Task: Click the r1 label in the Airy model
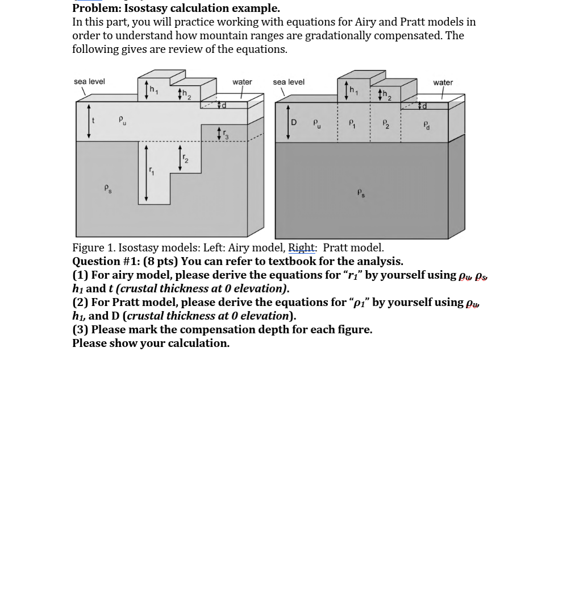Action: (x=152, y=170)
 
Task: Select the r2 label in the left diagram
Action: (x=185, y=159)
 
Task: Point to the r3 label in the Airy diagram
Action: (x=226, y=134)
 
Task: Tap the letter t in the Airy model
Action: (x=94, y=121)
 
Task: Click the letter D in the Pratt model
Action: (x=294, y=122)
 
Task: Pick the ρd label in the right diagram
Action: (x=427, y=125)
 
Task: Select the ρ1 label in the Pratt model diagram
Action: (x=352, y=123)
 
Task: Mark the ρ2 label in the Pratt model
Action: (x=386, y=123)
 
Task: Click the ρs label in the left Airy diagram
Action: (x=108, y=188)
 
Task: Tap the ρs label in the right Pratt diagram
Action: (x=361, y=193)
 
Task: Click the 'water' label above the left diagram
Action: (x=242, y=82)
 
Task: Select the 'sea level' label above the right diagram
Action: (x=289, y=82)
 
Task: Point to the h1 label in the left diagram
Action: (x=154, y=89)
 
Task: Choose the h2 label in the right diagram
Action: (x=387, y=95)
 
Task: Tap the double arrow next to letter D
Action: (x=288, y=122)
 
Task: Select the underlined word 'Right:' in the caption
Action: (x=302, y=247)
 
